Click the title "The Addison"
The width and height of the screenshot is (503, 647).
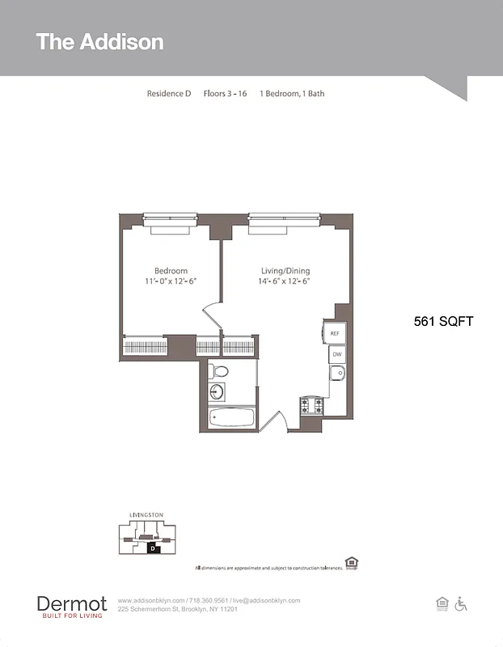click(99, 42)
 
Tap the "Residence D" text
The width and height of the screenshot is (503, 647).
click(168, 94)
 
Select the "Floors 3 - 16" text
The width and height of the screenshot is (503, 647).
click(225, 94)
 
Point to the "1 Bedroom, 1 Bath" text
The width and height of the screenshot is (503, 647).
click(292, 94)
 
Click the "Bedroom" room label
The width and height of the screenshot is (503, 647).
click(171, 271)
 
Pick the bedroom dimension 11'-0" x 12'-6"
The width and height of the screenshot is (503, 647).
click(171, 281)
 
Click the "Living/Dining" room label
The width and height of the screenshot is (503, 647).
click(285, 271)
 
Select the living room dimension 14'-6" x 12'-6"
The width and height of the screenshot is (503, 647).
click(285, 281)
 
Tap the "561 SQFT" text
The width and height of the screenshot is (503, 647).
click(443, 321)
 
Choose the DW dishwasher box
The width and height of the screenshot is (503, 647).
click(336, 354)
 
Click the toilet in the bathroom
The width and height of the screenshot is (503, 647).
click(218, 371)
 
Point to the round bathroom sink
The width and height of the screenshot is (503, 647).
click(217, 392)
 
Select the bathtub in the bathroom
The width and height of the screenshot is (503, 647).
click(231, 418)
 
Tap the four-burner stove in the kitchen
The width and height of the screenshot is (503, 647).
click(312, 404)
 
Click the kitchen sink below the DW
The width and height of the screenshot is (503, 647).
click(337, 373)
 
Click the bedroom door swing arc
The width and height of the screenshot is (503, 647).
click(210, 314)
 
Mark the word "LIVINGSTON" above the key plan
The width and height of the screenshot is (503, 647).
click(146, 515)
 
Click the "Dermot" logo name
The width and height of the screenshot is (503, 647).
click(72, 603)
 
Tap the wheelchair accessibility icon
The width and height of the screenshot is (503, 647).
click(462, 603)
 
